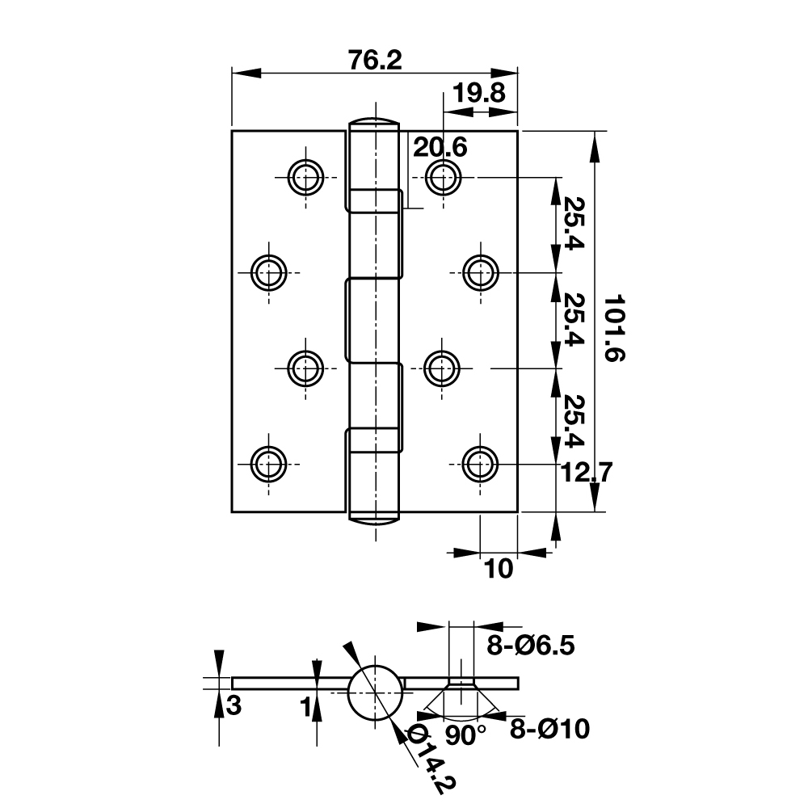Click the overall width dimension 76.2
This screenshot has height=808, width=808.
click(375, 61)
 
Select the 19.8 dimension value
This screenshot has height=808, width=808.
click(478, 93)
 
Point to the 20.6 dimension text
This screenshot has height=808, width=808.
click(440, 148)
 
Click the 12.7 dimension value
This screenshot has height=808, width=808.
click(586, 472)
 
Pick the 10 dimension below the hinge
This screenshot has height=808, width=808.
click(499, 569)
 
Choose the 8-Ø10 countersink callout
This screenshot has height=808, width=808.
click(549, 730)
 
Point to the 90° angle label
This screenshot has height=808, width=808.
click(466, 734)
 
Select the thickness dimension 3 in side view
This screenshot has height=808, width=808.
click(234, 706)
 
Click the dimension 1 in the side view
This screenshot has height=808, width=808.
click(305, 708)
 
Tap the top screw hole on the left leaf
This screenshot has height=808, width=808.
click(306, 177)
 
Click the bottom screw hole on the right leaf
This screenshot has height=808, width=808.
click(481, 465)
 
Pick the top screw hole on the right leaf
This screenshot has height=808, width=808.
click(443, 177)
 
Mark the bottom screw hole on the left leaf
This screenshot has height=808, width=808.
click(268, 465)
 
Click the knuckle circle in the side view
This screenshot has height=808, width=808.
click(376, 692)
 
